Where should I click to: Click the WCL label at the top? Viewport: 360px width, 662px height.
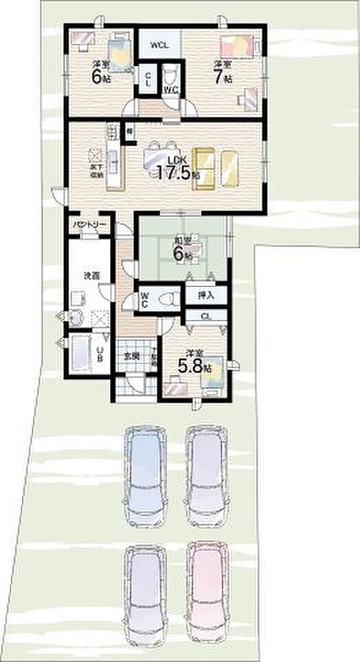coord(159,45)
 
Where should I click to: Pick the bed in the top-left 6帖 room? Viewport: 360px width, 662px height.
coord(120,52)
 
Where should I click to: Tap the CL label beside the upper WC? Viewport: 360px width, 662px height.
coord(148,79)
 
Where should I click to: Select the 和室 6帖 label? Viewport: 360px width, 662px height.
coord(183,249)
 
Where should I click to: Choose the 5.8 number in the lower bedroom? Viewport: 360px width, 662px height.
coord(191,367)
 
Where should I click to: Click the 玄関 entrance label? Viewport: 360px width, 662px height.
coord(132,356)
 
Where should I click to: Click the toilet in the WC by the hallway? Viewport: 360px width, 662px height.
coord(164,299)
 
